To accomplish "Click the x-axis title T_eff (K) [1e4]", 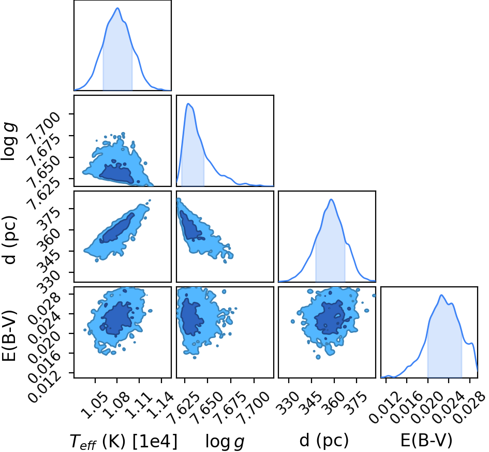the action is (124, 441).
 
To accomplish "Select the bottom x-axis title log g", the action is (225, 442).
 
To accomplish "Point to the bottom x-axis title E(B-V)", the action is (426, 441).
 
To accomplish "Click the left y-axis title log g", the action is (9, 142).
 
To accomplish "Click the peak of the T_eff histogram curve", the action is (117, 8).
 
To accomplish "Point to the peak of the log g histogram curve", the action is (188, 104).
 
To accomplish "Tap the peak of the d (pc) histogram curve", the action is (331, 199).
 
